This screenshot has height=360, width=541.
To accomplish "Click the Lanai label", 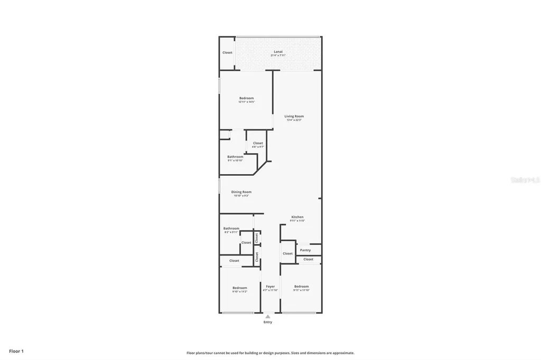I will (278, 52).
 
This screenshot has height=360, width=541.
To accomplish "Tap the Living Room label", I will (294, 116).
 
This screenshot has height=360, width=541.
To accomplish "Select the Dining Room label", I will (241, 192).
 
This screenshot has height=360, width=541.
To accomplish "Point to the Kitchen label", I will (297, 217).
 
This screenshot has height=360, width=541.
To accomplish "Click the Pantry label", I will (305, 250).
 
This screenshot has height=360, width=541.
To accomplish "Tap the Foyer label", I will (270, 287).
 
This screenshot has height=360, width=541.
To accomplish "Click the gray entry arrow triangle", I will (267, 316).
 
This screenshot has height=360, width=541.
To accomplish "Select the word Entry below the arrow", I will (268, 322).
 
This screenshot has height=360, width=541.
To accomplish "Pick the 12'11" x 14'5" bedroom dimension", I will (246, 102).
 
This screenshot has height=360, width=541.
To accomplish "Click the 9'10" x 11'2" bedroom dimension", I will (240, 291).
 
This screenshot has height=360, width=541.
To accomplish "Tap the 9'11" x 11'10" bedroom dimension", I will (301, 290).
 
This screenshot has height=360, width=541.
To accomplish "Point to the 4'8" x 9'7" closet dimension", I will (258, 147).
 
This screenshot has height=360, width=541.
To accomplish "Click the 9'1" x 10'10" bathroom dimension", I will (235, 160).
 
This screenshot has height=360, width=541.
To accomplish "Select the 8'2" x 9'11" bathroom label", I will (231, 229).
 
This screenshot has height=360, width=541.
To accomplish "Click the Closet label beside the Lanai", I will (227, 53).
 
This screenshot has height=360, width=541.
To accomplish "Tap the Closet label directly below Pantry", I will (309, 259).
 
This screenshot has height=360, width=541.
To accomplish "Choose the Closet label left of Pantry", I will (287, 253).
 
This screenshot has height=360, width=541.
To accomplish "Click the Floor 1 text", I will (16, 351).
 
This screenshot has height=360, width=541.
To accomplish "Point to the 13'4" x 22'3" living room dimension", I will (294, 120).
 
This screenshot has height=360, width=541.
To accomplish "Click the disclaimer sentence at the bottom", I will (270, 353).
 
